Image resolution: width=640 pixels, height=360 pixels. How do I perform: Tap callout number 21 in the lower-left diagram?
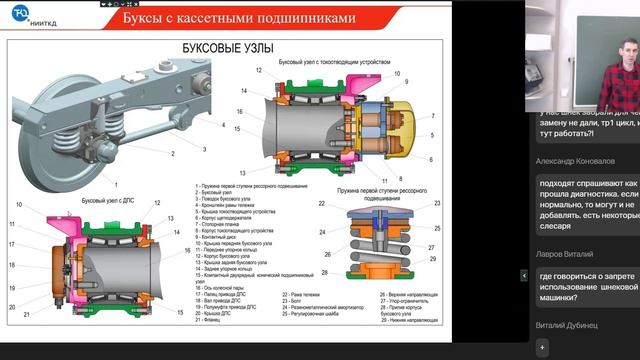[12, 306]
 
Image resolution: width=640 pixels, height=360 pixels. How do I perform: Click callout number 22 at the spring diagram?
[322, 204]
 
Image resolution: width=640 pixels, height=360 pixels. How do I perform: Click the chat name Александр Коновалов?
[575, 160]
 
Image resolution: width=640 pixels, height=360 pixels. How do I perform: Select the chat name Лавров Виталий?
[564, 255]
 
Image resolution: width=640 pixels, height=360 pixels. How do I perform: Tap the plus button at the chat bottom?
[543, 346]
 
